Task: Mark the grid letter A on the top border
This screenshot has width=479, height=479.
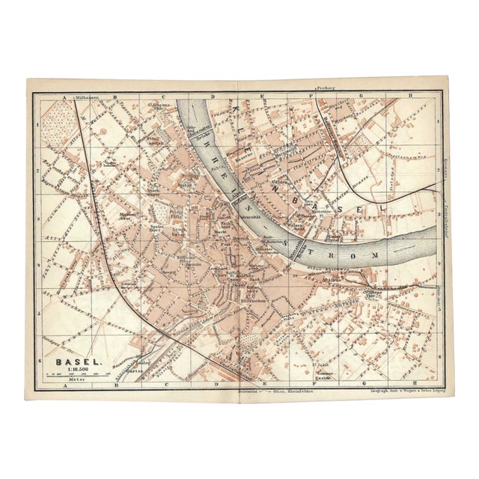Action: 66,97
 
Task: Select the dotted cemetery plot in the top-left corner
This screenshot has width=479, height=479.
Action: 58,120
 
